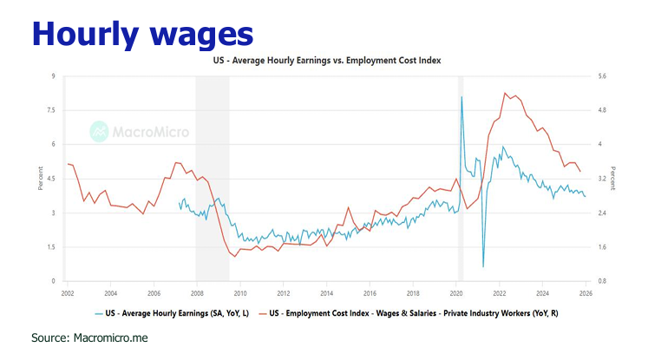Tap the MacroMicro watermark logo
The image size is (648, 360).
pyautogui.click(x=140, y=132)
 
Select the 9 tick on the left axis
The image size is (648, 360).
pyautogui.click(x=54, y=76)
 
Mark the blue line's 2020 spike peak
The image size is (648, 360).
pyautogui.click(x=461, y=96)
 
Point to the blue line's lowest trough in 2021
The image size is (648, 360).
pyautogui.click(x=483, y=266)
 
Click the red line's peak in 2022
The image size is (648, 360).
pyautogui.click(x=505, y=93)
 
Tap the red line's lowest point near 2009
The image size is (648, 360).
pyautogui.click(x=234, y=256)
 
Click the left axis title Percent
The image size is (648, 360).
pyautogui.click(x=40, y=179)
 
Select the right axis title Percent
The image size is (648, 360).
pyautogui.click(x=613, y=179)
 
